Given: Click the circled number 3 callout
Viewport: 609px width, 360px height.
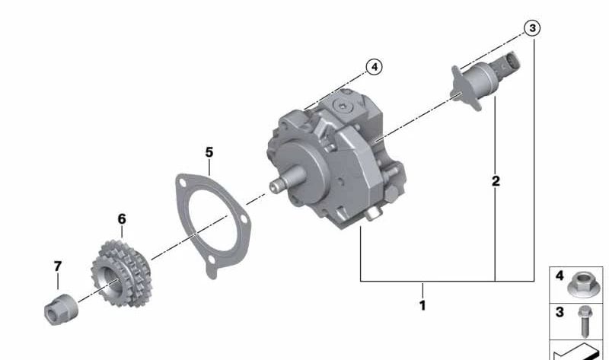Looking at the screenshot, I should (532, 28).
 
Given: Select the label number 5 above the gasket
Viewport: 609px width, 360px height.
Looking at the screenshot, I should (209, 152).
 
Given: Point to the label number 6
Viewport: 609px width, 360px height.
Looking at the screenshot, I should (121, 219).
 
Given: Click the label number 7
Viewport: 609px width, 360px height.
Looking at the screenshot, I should (57, 266).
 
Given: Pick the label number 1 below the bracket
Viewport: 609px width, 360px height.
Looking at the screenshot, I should (422, 305).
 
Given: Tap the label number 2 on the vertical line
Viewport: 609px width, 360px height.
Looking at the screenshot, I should (496, 181).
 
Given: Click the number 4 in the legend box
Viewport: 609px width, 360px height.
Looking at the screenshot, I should (560, 275).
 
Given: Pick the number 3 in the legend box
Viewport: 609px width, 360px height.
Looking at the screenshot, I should (560, 312).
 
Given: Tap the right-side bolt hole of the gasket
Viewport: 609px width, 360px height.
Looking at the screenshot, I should (243, 222).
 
